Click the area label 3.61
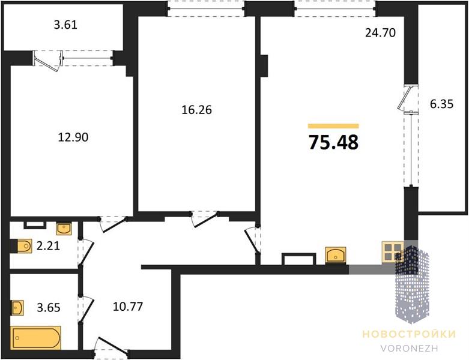click(65, 25)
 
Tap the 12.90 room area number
click(73, 137)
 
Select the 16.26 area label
click(197, 110)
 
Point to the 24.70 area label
click(381, 32)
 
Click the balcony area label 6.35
click(442, 104)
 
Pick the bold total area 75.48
click(333, 142)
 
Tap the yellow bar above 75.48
click(333, 126)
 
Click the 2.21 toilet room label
click(48, 246)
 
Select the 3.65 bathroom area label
click(49, 307)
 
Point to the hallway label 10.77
click(128, 306)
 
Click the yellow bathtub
click(36, 338)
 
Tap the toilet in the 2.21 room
click(22, 246)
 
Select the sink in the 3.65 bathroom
click(17, 307)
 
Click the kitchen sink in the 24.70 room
click(336, 255)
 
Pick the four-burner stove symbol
click(392, 252)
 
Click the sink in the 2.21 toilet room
click(64, 229)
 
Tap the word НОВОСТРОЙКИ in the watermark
click(409, 334)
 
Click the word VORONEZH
click(409, 348)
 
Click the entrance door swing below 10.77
click(111, 347)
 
